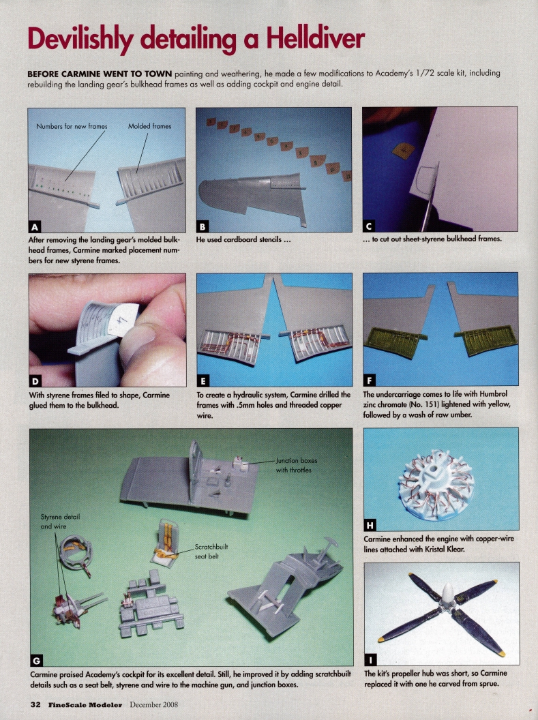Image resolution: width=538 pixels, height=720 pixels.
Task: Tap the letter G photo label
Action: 36,660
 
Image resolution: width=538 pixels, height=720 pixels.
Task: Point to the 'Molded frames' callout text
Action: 149,125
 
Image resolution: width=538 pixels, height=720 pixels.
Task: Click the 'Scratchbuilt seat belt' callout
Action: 213,551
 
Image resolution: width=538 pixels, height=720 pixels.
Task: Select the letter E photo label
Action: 203,380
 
